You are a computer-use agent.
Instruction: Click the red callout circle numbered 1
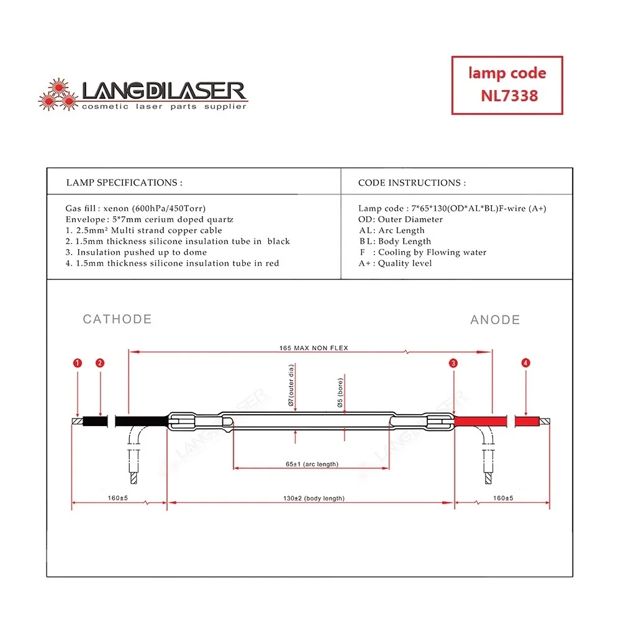coord(77,363)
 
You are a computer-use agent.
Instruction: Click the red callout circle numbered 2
coord(101,363)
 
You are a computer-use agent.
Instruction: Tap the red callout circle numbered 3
coord(454,363)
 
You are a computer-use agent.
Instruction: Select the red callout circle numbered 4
coord(526,363)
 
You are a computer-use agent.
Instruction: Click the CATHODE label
coord(117,319)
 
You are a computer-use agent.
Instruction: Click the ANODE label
coord(495,320)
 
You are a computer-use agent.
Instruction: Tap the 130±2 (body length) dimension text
coord(314,498)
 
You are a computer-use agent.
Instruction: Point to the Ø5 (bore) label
coord(340,392)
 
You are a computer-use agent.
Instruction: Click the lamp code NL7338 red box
coord(507,85)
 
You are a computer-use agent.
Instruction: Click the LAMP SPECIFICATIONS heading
coord(124,183)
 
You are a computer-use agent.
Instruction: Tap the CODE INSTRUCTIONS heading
coord(412,183)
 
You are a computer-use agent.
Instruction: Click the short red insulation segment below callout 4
coord(527,421)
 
